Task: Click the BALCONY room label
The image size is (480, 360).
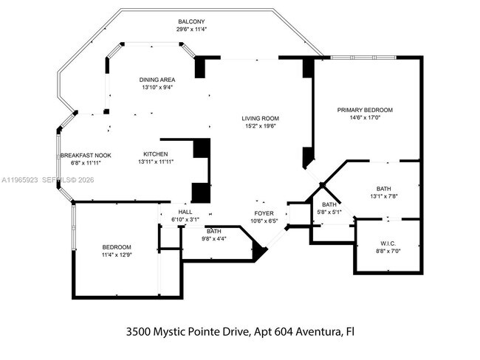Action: click(x=191, y=21)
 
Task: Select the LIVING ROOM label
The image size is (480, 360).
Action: click(x=260, y=118)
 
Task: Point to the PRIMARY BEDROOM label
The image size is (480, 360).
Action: click(x=365, y=110)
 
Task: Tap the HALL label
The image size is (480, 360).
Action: click(x=185, y=212)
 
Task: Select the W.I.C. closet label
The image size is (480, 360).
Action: click(x=388, y=243)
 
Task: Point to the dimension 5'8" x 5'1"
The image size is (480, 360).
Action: click(x=329, y=212)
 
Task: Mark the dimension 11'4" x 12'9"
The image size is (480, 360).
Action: click(x=117, y=255)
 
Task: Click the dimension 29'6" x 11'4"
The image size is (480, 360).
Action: click(x=191, y=30)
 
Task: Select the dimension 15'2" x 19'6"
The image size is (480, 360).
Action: click(x=260, y=126)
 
